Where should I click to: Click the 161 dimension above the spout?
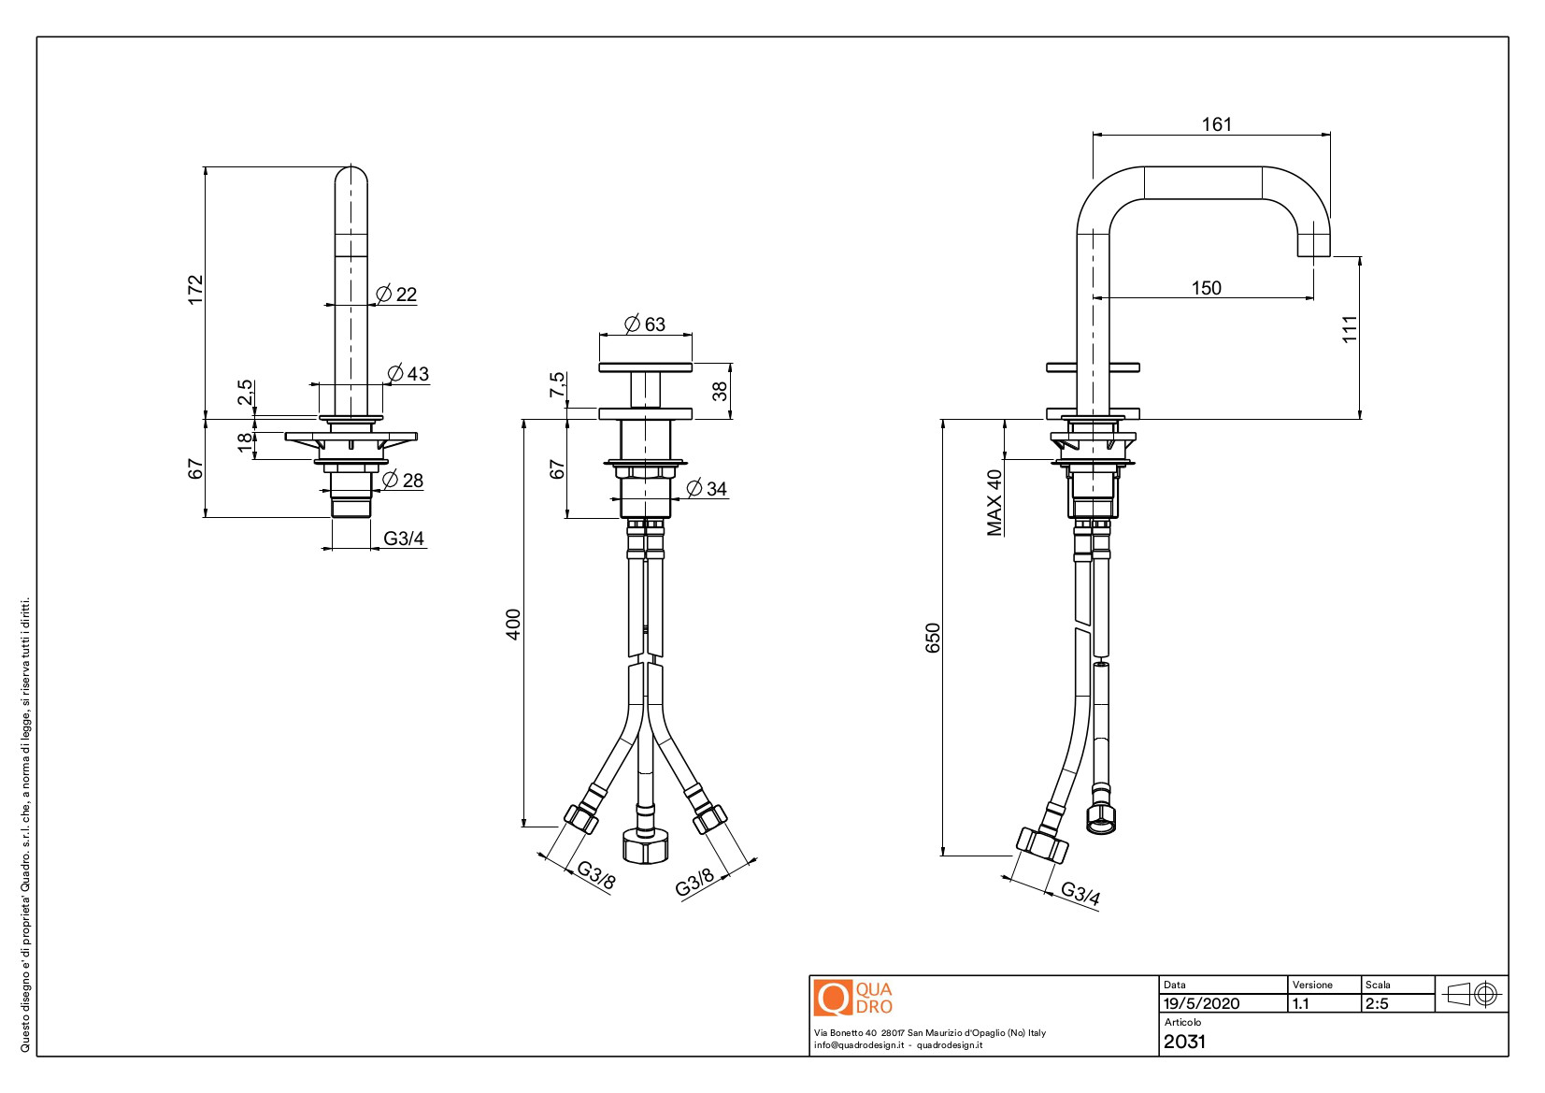tap(1216, 124)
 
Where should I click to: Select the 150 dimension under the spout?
tap(1206, 288)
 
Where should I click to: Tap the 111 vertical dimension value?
tap(1349, 329)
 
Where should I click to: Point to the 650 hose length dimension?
tap(932, 638)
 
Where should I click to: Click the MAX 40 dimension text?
tap(994, 502)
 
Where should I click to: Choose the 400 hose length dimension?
tap(513, 624)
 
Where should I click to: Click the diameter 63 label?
tap(645, 324)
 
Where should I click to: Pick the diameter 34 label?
tap(707, 488)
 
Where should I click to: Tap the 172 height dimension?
tap(195, 289)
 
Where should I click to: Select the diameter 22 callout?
tap(396, 294)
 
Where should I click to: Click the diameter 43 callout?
tap(408, 374)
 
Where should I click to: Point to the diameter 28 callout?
tap(403, 481)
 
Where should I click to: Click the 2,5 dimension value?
tap(245, 392)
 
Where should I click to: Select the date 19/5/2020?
tap(1201, 1003)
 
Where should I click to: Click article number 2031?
tap(1184, 1042)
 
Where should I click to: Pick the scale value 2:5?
tap(1377, 1003)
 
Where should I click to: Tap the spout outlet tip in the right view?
tap(1313, 255)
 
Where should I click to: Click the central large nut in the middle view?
tap(645, 846)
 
